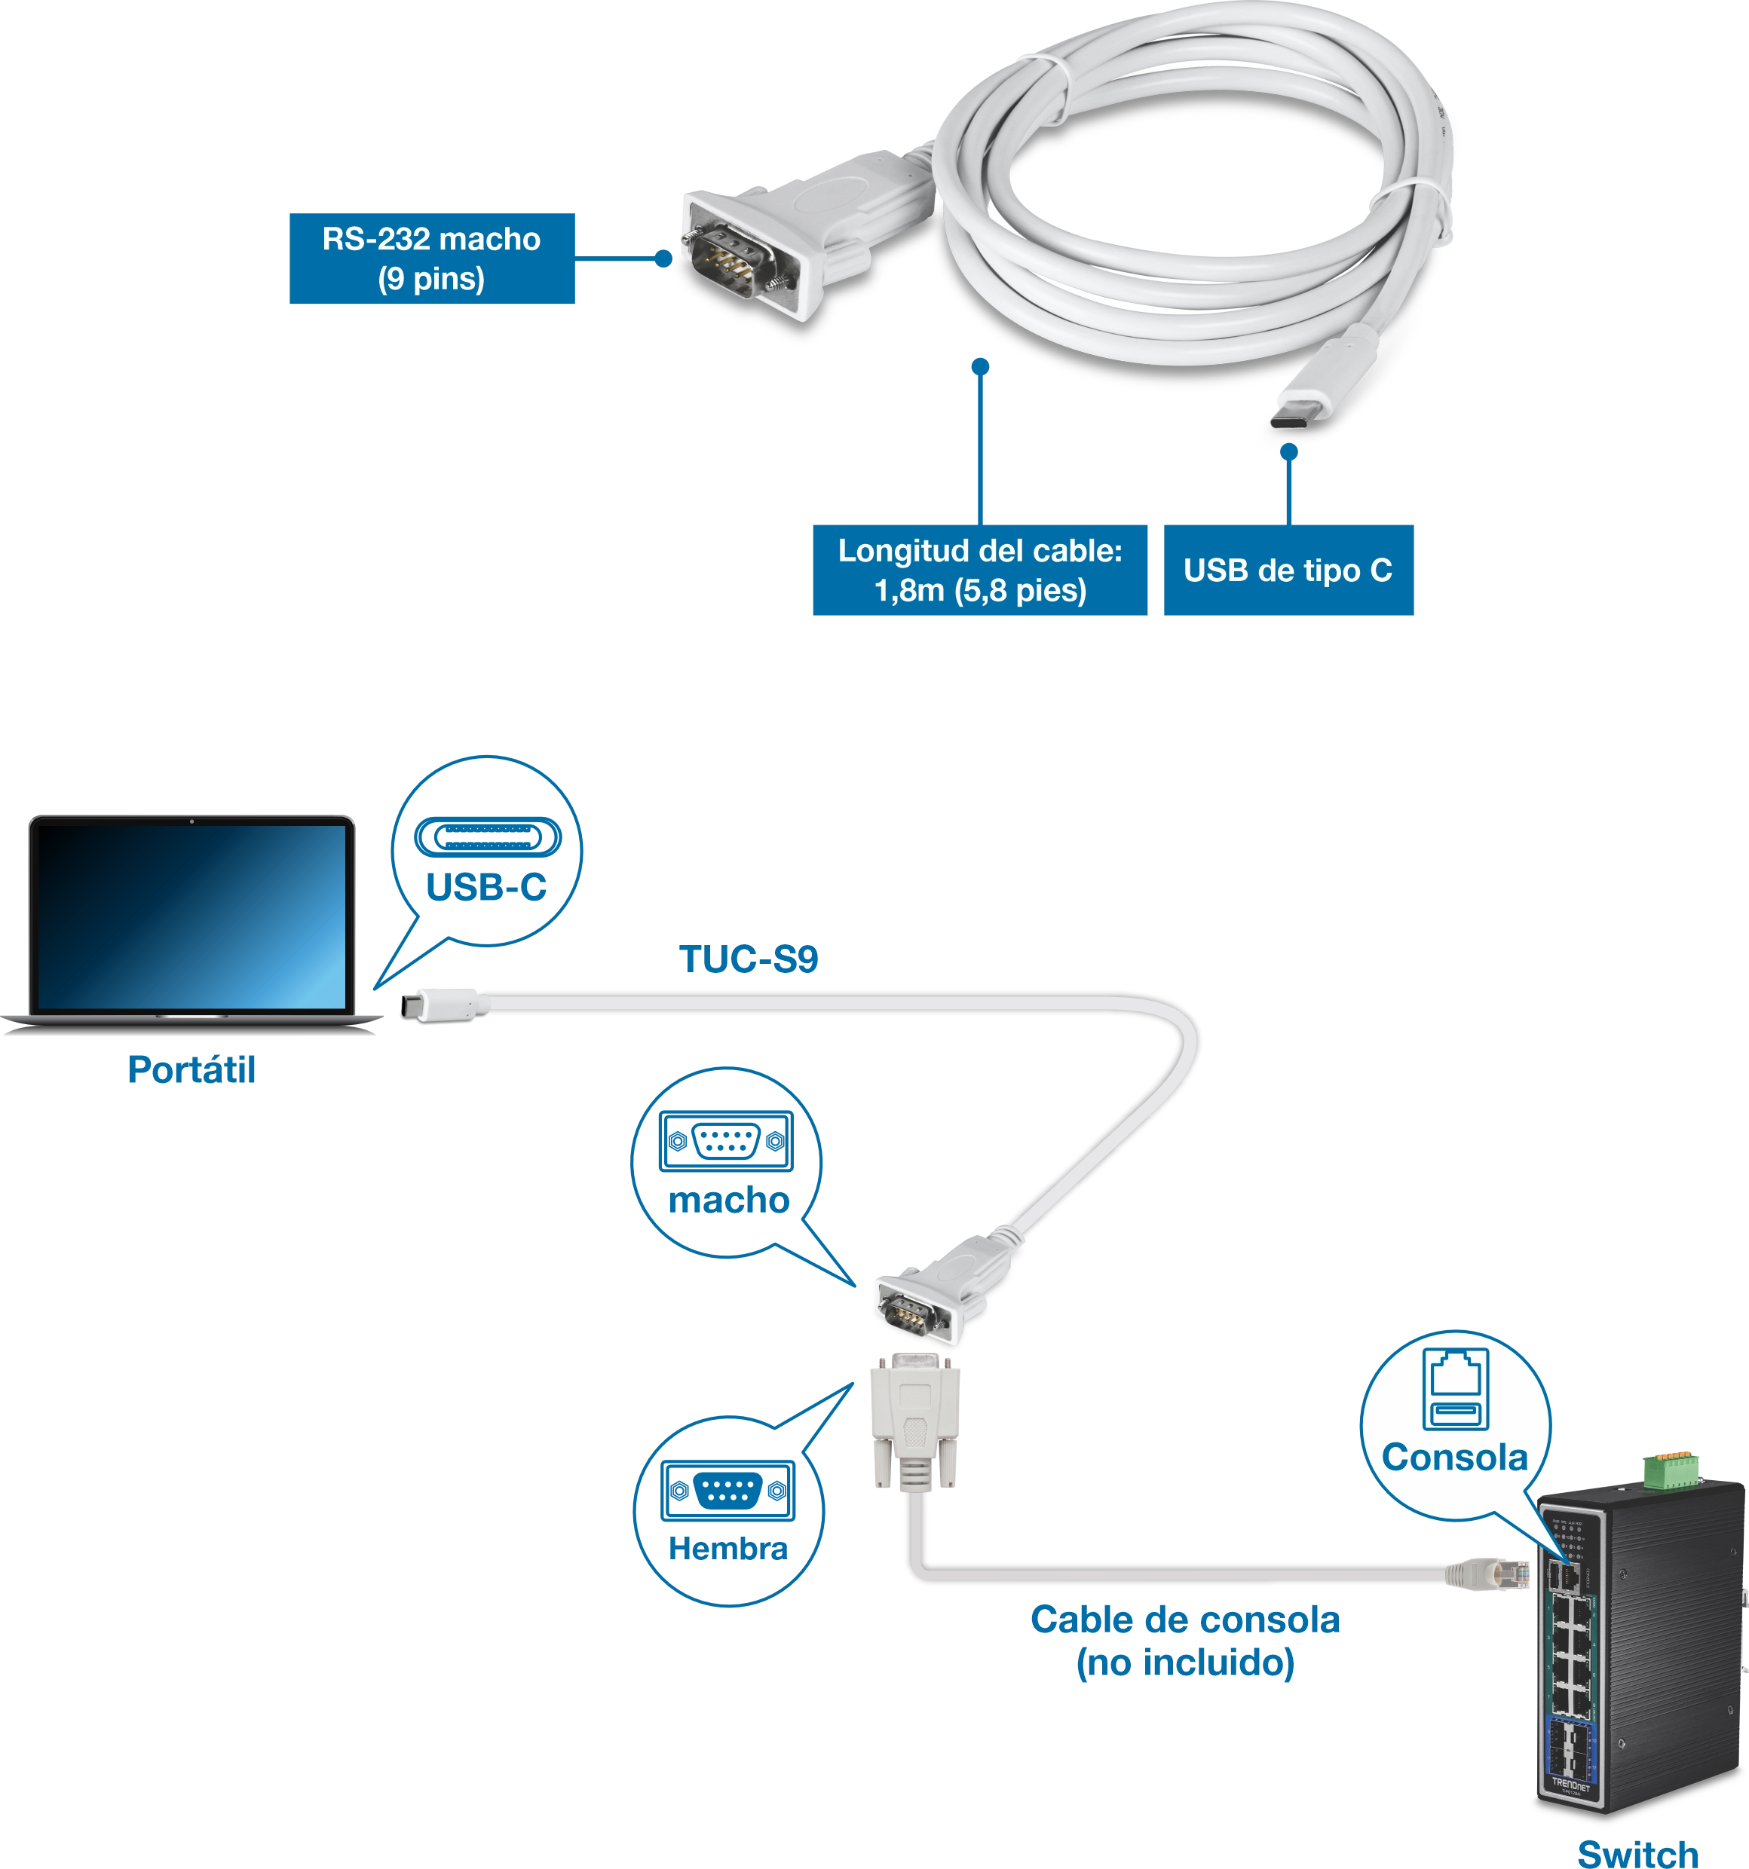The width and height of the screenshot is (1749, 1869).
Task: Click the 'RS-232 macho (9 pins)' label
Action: pyautogui.click(x=432, y=259)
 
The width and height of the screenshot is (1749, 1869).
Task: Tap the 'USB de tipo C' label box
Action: pyautogui.click(x=1288, y=571)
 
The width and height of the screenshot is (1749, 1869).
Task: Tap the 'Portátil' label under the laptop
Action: pyautogui.click(x=191, y=1070)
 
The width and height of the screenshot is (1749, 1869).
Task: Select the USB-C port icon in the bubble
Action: pyautogui.click(x=486, y=837)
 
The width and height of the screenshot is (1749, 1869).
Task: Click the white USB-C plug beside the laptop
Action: pyautogui.click(x=444, y=1004)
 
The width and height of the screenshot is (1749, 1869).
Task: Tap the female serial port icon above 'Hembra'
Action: pyautogui.click(x=727, y=1489)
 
